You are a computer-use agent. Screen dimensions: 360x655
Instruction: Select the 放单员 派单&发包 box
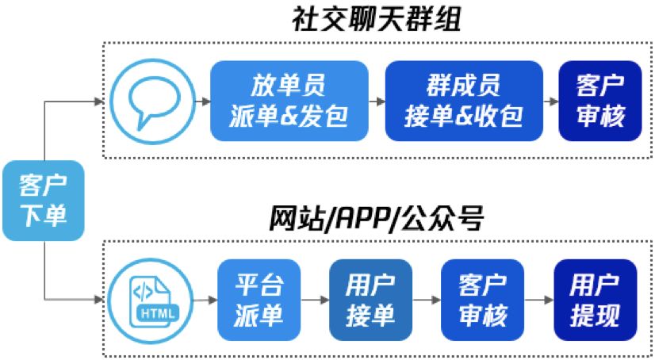point(289,101)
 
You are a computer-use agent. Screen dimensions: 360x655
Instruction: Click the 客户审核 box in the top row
point(600,101)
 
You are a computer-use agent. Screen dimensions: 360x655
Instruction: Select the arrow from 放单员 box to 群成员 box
point(377,101)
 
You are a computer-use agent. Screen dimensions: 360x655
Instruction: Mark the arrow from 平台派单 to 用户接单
point(315,300)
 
